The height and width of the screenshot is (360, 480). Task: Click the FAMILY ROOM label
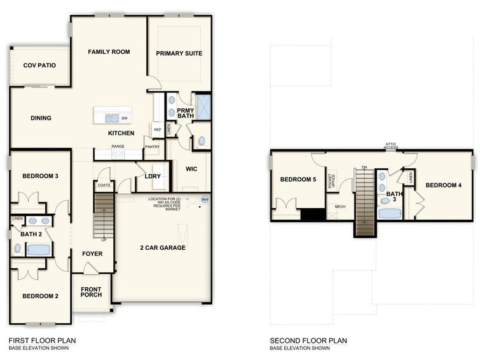108,52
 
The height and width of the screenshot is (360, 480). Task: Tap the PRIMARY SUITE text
179,54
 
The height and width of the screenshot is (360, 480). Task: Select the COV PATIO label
39,65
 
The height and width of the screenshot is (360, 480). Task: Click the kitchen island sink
111,118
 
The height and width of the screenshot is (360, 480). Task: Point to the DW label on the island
124,118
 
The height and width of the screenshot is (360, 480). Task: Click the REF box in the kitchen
157,130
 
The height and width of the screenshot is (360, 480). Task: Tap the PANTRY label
152,147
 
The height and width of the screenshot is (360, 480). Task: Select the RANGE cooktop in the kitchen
118,154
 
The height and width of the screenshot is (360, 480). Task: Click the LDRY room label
152,176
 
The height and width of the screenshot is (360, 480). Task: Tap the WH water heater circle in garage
205,200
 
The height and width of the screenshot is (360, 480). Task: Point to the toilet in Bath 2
17,249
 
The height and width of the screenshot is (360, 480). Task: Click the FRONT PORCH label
91,292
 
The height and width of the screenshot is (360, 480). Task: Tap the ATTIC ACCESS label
391,146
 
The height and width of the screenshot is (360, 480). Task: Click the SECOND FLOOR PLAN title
308,340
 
